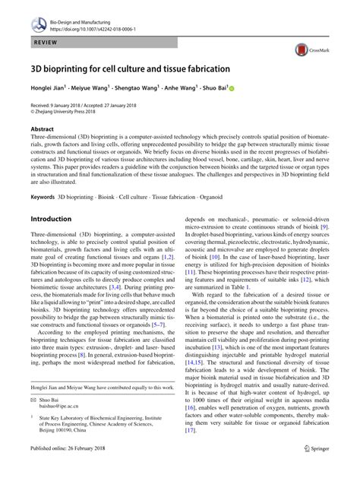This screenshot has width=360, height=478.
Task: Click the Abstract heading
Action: (x=42, y=129)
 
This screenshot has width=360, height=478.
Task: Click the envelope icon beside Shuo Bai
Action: (x=33, y=399)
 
